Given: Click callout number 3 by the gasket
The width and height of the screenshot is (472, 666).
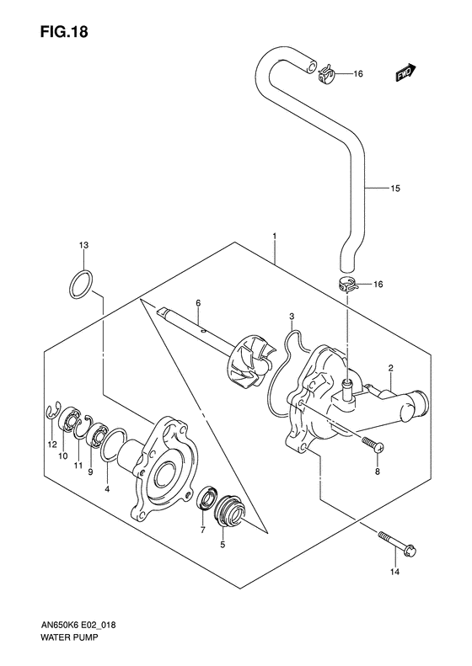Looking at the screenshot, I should (x=291, y=317).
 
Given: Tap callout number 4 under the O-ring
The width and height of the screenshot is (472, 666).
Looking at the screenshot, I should (x=106, y=487).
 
